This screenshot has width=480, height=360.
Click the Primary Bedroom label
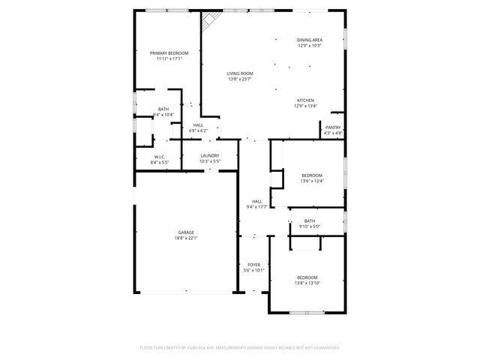point(169,52)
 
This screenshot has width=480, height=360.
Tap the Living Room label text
point(240,73)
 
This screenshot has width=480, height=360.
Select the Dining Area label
point(309,40)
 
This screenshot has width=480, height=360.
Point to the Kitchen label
point(305,100)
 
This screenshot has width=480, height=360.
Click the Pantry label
point(333,127)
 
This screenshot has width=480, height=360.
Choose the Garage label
point(186,232)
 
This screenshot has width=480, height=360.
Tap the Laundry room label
point(209,155)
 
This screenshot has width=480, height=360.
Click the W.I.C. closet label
point(160,157)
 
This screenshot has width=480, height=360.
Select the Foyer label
point(254,265)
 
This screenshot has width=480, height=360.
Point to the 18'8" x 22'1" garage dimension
point(186,238)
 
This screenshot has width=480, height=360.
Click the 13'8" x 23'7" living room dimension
point(240,79)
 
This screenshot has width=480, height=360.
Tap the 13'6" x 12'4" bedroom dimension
point(311,180)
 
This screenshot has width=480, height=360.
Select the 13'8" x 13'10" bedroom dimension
point(307,283)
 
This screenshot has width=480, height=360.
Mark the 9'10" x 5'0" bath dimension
point(310,226)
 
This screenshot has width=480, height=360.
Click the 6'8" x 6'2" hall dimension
point(198,130)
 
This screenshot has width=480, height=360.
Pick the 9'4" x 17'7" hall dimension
point(257,206)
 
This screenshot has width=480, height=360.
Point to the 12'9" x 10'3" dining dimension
point(309,46)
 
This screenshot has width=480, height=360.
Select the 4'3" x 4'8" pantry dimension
point(333,133)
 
